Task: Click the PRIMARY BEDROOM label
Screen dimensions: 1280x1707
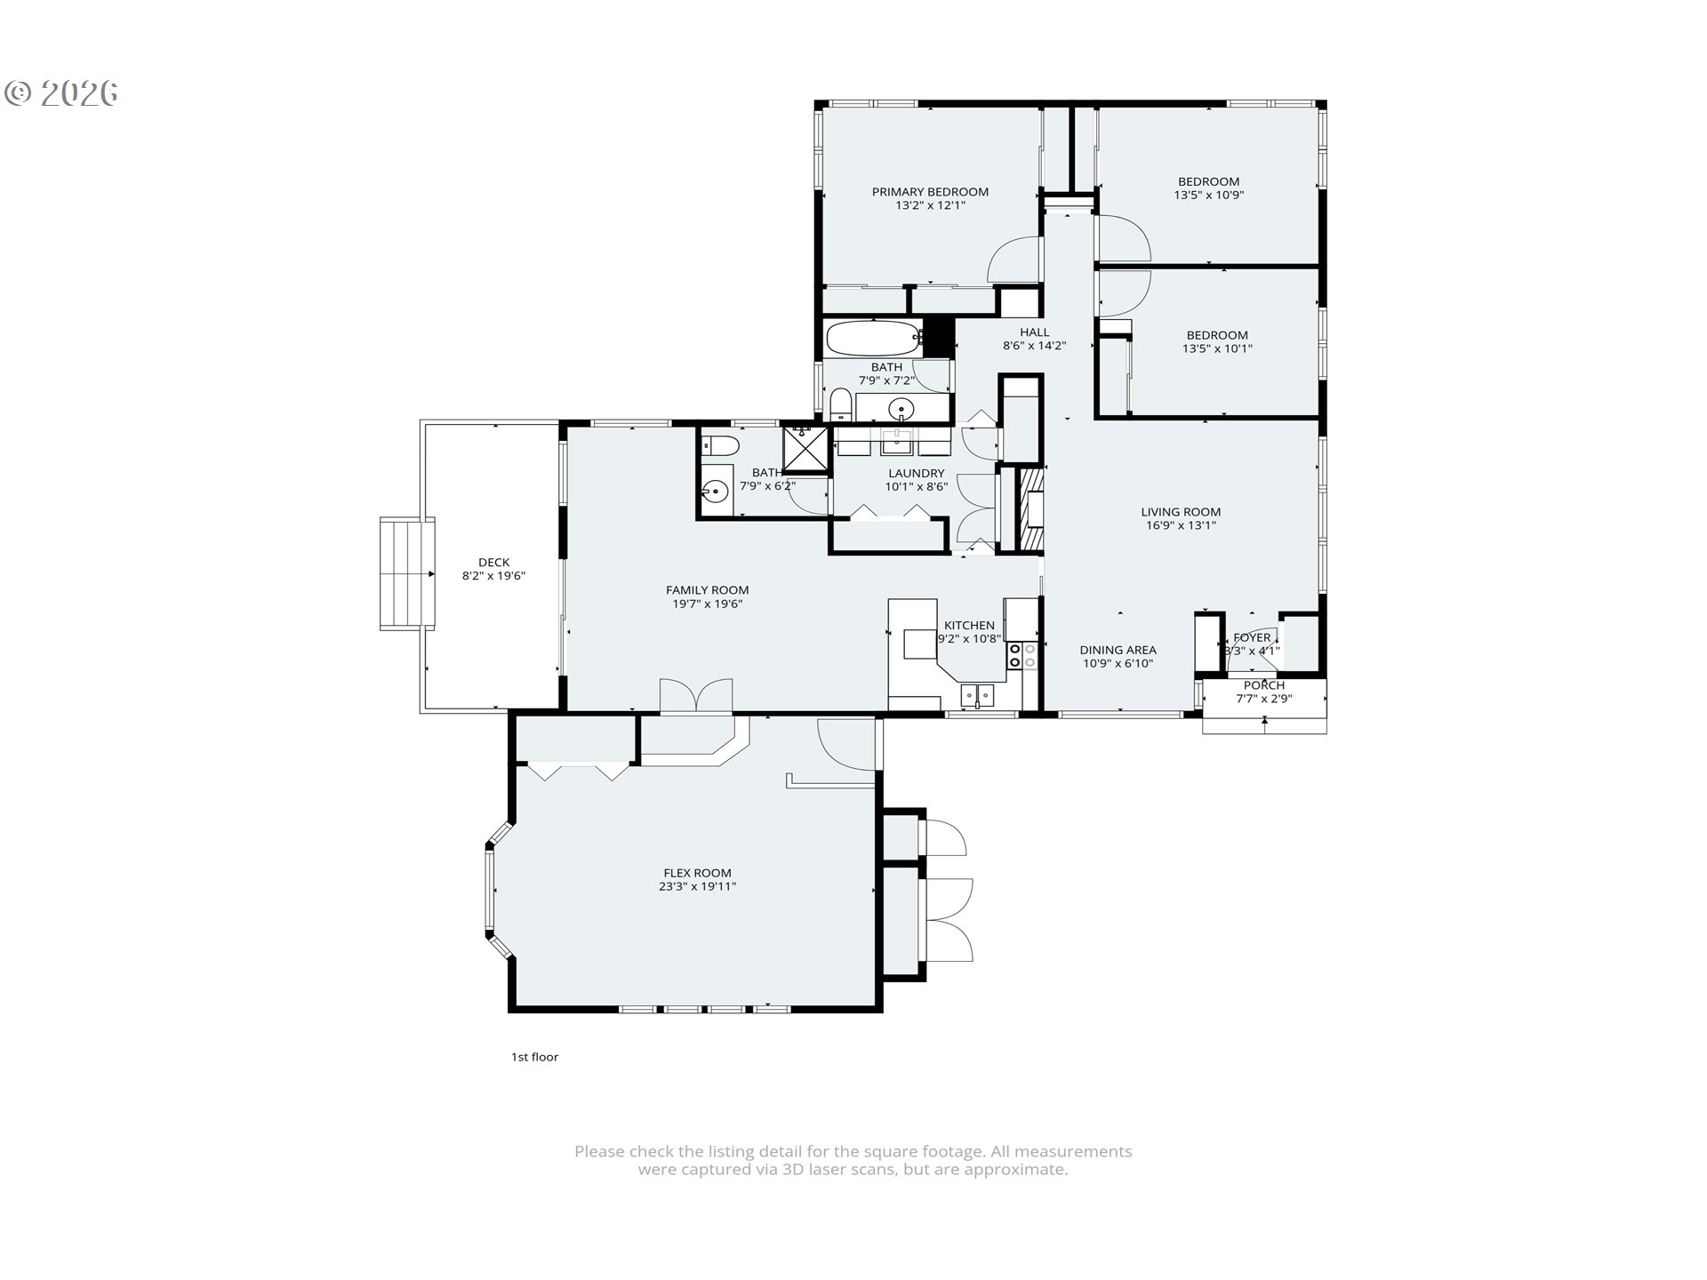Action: click(x=930, y=192)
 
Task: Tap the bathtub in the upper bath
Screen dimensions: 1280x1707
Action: click(x=873, y=338)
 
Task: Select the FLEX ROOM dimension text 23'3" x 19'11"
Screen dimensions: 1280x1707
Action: click(x=697, y=887)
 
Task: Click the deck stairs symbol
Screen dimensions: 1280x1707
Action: click(x=405, y=574)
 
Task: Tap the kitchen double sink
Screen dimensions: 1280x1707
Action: click(x=976, y=694)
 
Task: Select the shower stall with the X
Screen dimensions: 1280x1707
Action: click(x=805, y=447)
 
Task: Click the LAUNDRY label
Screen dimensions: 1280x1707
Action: click(x=916, y=474)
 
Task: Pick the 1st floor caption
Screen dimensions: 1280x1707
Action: click(x=534, y=1057)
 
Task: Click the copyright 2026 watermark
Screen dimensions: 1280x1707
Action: click(x=62, y=93)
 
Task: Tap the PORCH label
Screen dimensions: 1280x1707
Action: click(x=1263, y=685)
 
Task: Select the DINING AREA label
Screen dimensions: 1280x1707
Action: click(x=1118, y=650)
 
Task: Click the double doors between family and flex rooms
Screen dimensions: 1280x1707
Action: click(x=696, y=695)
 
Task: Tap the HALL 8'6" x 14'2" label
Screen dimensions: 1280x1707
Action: click(x=1034, y=339)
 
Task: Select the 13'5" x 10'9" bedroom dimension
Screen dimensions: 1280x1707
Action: click(x=1208, y=195)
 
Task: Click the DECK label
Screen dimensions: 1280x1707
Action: click(x=493, y=562)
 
